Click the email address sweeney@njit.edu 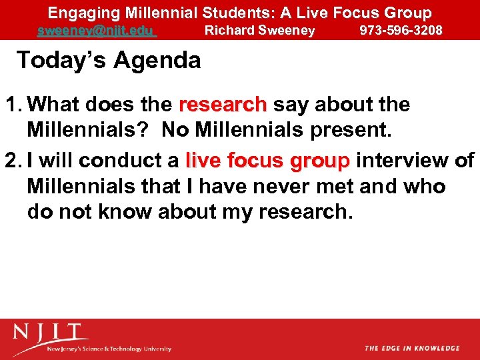(96, 31)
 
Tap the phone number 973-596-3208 (401, 31)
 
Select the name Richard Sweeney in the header (259, 31)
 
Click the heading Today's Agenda (108, 61)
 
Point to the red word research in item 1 (223, 105)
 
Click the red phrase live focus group (267, 161)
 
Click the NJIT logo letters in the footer (51, 332)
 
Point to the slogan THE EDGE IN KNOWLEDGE (412, 348)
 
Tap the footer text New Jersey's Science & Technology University (109, 349)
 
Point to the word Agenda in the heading (157, 61)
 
